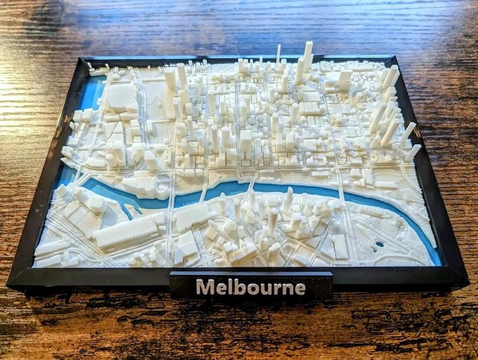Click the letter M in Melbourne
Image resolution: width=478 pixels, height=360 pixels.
pos(205,288)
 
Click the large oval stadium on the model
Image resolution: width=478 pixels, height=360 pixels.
pos(122,96)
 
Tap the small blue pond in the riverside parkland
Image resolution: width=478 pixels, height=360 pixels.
pos(379,244)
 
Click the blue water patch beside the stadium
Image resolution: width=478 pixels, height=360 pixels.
pos(93,93)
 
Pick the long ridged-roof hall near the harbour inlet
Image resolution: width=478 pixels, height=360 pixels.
pos(128,230)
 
